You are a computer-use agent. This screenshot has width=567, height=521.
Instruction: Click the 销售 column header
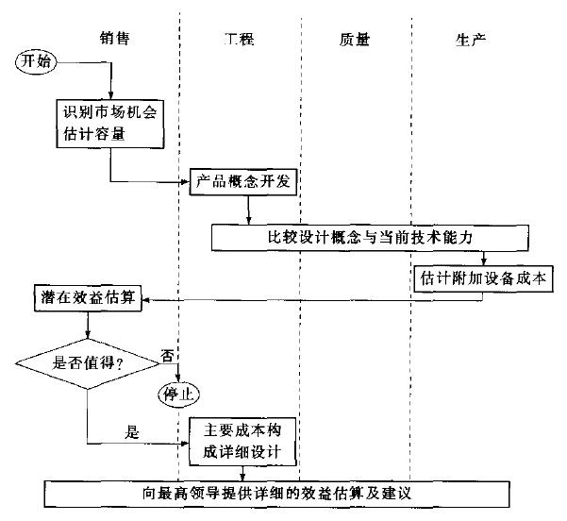coord(114,40)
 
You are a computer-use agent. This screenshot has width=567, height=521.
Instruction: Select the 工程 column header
coord(240,40)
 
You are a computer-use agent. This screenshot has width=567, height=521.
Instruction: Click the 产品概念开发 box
coord(244,181)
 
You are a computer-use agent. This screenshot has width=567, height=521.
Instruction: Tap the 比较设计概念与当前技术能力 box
coord(367,237)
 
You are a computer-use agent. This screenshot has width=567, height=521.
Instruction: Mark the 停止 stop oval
coord(179,390)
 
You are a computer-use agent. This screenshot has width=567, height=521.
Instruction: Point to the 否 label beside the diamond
coord(167,356)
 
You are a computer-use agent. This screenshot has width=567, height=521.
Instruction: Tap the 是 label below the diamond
coord(132,432)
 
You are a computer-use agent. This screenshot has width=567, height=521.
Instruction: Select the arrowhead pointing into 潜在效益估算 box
coord(148,301)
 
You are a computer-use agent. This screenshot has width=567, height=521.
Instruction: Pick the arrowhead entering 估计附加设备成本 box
coord(484,263)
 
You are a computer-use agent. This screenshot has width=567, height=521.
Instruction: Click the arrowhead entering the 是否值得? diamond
coord(87,335)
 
